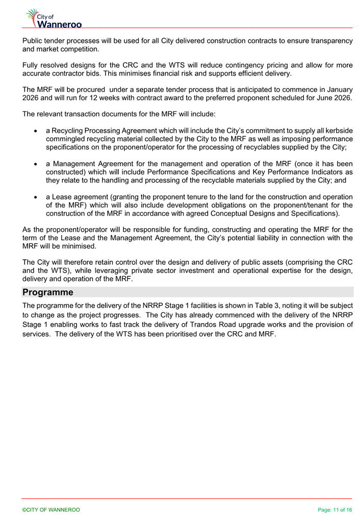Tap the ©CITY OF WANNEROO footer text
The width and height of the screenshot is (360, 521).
pyautogui.click(x=50, y=510)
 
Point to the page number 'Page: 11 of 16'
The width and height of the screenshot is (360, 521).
pyautogui.click(x=335, y=510)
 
